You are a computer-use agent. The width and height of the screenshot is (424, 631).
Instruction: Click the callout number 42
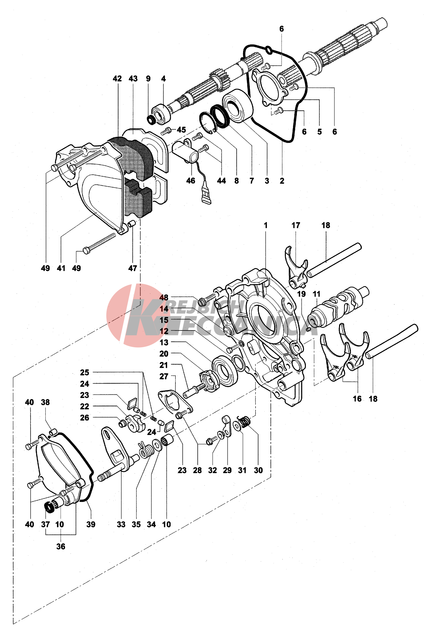point(117,79)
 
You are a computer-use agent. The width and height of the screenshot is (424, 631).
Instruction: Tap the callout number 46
point(191,181)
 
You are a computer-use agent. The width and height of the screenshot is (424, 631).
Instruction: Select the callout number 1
point(266,225)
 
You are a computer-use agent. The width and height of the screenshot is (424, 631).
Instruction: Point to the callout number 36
point(61,546)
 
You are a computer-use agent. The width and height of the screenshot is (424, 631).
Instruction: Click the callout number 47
point(133,268)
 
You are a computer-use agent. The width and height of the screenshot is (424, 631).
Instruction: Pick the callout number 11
point(316,294)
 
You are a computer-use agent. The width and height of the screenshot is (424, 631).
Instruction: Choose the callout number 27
point(164,376)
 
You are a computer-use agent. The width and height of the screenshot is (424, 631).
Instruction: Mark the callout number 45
point(181,129)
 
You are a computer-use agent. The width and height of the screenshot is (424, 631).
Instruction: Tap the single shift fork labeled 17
point(296,269)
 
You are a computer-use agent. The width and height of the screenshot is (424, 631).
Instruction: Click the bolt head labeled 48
point(202,302)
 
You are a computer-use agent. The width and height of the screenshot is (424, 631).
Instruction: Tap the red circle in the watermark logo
point(122,315)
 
